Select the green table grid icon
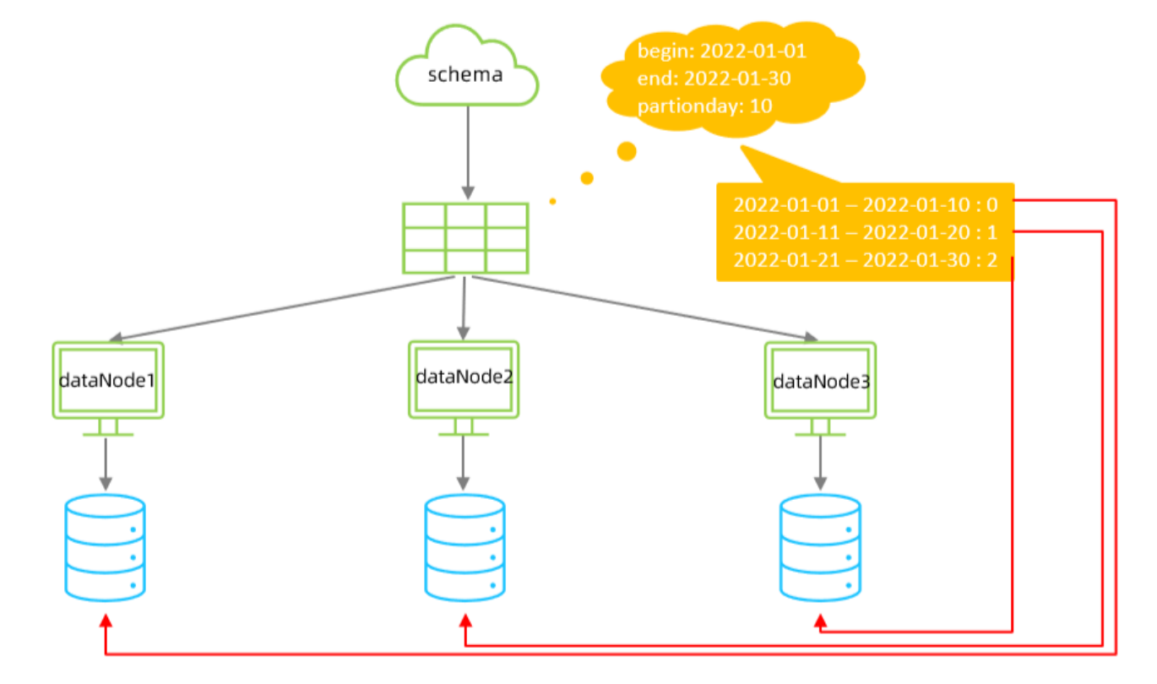[465, 238]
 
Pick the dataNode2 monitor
[464, 379]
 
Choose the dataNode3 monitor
[820, 382]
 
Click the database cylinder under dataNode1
[106, 546]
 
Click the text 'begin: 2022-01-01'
[722, 51]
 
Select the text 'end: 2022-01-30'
[714, 79]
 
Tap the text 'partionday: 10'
[705, 106]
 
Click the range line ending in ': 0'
[866, 204]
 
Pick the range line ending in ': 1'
[866, 232]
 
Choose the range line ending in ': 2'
[866, 260]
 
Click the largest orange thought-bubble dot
[627, 151]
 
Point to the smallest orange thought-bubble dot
[552, 201]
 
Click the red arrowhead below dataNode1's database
[106, 622]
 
